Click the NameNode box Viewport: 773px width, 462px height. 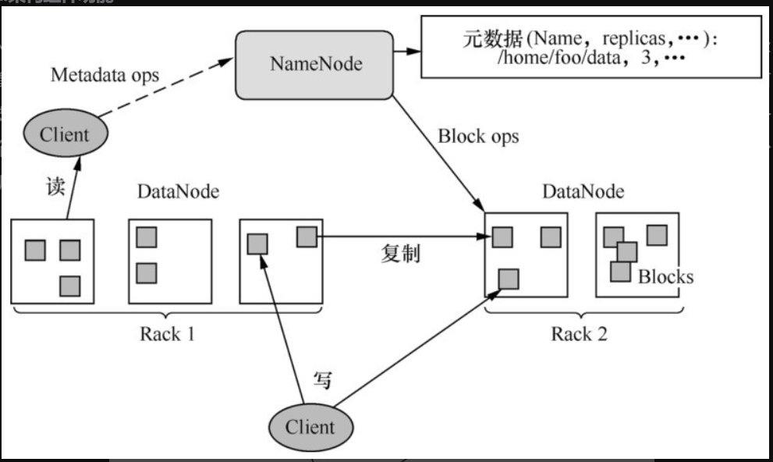(315, 65)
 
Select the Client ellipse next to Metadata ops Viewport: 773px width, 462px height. (64, 134)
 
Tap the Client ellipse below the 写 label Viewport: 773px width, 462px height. (310, 427)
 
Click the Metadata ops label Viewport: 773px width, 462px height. (105, 76)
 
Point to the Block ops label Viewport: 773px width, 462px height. (478, 137)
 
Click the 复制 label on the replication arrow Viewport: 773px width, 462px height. (400, 254)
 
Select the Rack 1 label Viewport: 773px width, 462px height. (167, 335)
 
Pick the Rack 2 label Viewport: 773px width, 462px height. (579, 335)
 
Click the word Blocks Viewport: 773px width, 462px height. (665, 277)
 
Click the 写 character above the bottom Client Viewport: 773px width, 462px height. (322, 380)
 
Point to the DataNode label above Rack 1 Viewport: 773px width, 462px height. (178, 192)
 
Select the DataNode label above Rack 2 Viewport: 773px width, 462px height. (583, 192)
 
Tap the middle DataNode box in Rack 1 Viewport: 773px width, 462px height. (170, 261)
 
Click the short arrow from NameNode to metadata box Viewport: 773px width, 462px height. (406, 52)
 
